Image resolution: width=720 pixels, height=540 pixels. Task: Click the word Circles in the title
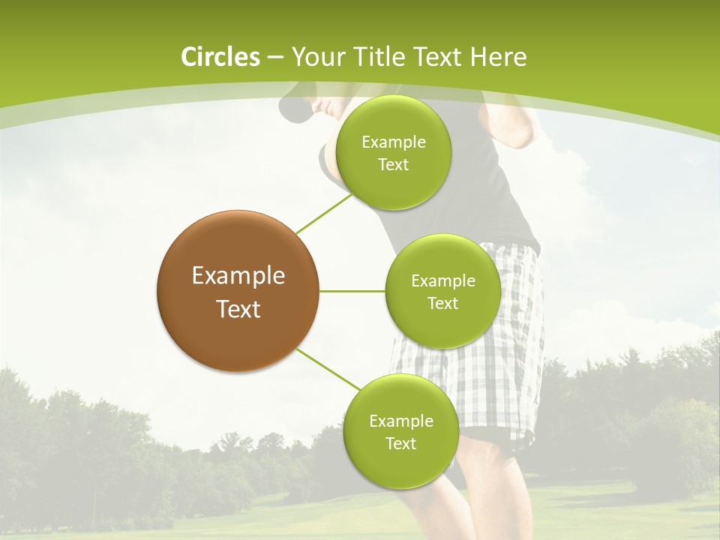[x=220, y=57]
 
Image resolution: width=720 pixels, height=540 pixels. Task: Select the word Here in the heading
[x=498, y=57]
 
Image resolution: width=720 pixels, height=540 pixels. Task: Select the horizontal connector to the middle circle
[x=352, y=291]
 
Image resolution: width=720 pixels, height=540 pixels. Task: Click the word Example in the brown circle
[x=238, y=276]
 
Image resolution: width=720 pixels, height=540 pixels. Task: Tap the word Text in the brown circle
[x=238, y=309]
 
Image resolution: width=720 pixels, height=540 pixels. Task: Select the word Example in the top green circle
[x=394, y=142]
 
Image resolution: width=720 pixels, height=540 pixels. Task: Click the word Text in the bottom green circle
[x=400, y=443]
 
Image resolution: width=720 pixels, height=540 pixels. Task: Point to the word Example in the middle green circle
[x=443, y=281]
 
